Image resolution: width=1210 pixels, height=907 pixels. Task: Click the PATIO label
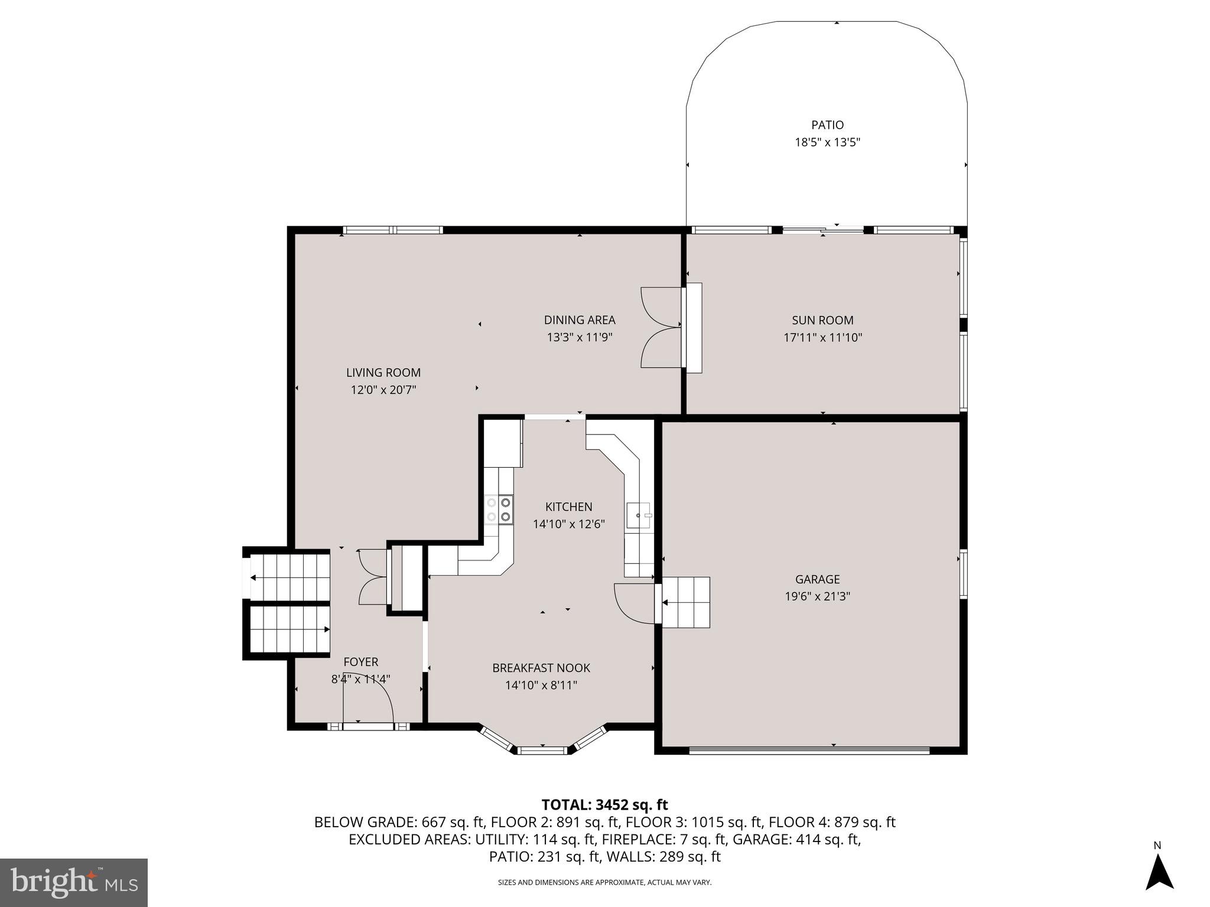(x=827, y=125)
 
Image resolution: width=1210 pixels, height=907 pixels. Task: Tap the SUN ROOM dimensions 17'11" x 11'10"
(x=823, y=338)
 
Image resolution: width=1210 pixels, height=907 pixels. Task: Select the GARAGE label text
(x=817, y=579)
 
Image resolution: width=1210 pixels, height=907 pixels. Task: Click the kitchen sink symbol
(x=639, y=516)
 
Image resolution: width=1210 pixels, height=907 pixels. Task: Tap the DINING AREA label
(x=579, y=320)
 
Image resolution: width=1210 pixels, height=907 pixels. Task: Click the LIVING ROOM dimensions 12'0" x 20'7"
(x=383, y=390)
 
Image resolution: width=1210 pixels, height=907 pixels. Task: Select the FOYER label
(x=360, y=662)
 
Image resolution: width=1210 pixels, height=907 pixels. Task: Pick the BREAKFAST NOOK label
(x=541, y=668)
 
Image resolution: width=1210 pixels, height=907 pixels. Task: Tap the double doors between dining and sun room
(x=661, y=328)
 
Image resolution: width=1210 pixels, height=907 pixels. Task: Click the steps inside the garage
(x=685, y=602)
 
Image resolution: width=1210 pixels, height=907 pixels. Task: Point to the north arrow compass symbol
(x=1159, y=872)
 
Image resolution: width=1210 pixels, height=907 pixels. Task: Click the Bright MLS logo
(x=73, y=883)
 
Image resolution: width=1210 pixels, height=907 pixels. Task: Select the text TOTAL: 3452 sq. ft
(x=604, y=805)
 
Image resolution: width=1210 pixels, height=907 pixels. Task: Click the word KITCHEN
(x=568, y=507)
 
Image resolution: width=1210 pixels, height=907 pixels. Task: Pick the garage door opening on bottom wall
(x=809, y=751)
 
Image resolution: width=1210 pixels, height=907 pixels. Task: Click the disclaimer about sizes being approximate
(x=604, y=882)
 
